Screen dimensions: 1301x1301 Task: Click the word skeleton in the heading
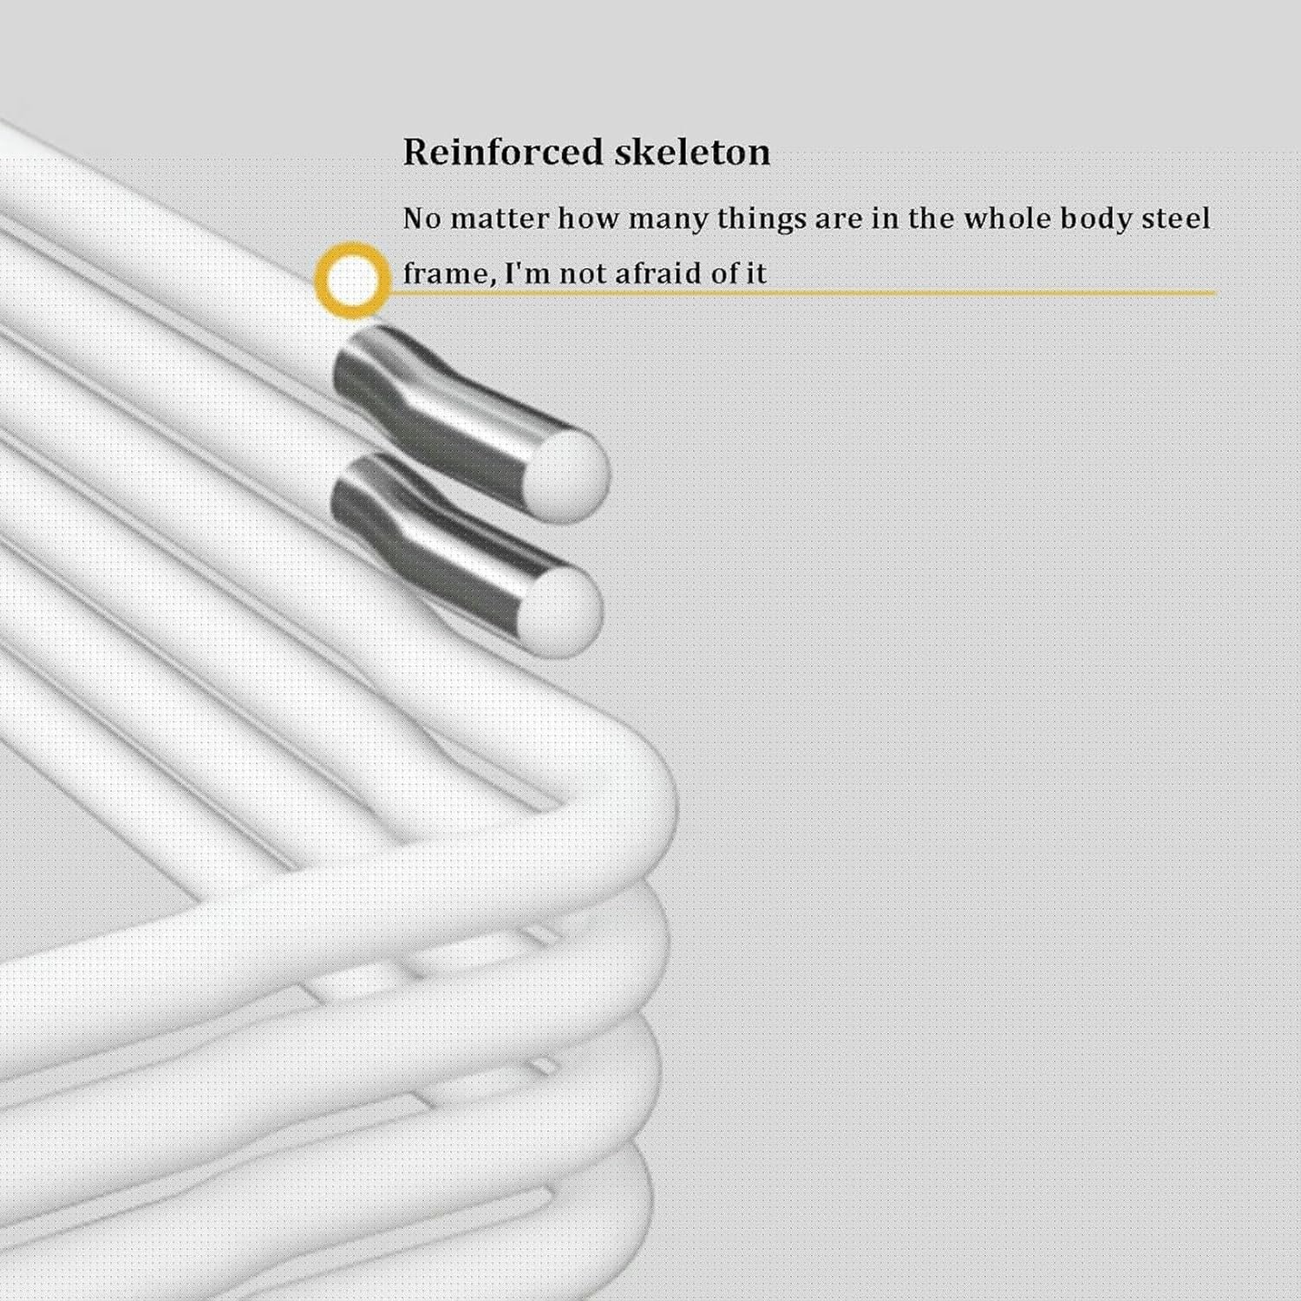pos(692,153)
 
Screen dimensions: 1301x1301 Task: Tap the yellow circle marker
pos(352,280)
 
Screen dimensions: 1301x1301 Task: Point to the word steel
pos(1175,219)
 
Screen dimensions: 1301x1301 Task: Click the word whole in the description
pos(1006,219)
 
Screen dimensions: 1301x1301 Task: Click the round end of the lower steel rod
pos(563,610)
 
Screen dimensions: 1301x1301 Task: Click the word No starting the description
pos(422,219)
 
